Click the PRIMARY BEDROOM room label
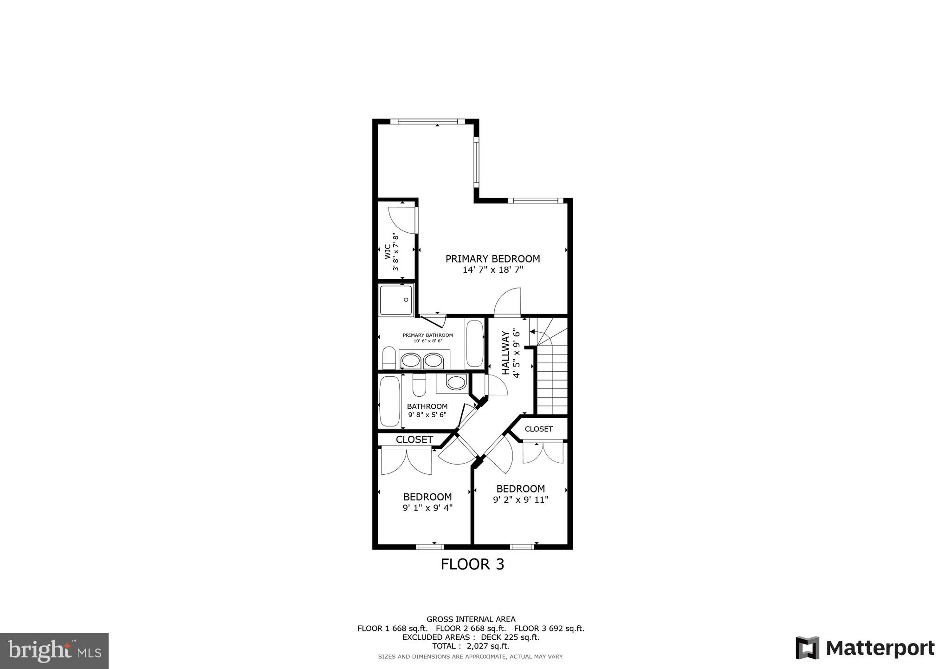click(492, 259)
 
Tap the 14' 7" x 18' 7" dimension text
click(492, 270)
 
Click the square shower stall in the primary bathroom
click(396, 300)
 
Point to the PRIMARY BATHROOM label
click(427, 335)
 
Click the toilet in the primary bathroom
click(389, 358)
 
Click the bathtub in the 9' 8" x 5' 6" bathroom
click(389, 402)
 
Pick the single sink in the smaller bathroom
click(455, 383)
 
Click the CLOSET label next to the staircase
click(538, 429)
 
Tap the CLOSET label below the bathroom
click(414, 439)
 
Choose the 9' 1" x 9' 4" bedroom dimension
click(427, 508)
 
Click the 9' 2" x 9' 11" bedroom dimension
click(520, 500)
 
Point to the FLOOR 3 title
click(472, 564)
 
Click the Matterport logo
click(865, 648)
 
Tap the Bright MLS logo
click(54, 650)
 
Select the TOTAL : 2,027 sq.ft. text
click(471, 646)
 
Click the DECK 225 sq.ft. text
click(510, 637)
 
